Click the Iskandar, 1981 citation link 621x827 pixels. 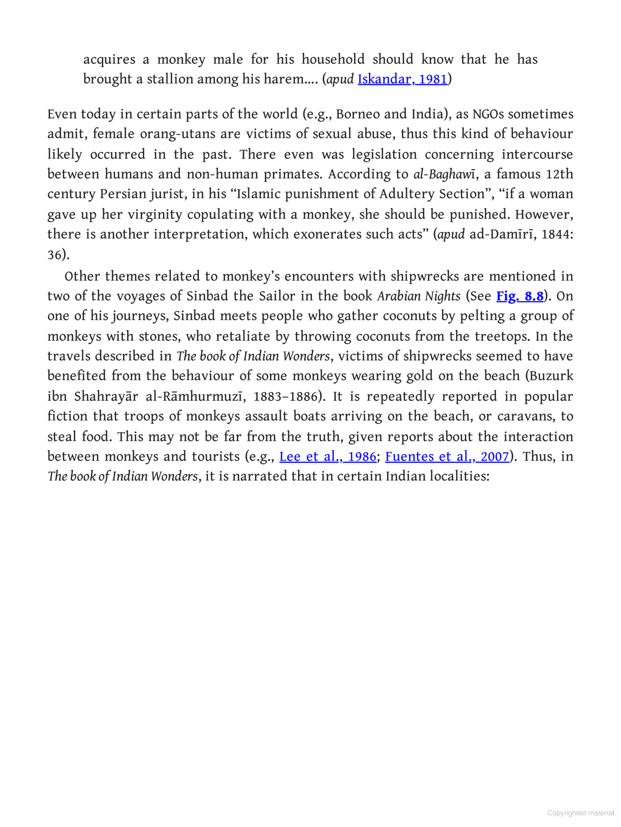coord(402,79)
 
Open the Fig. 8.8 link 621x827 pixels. coord(520,296)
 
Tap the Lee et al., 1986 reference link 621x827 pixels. coord(327,457)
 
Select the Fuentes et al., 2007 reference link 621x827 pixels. coord(447,457)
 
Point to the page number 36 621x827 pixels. coord(55,255)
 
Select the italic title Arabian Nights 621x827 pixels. coord(419,296)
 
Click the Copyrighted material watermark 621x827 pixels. coord(580,813)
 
